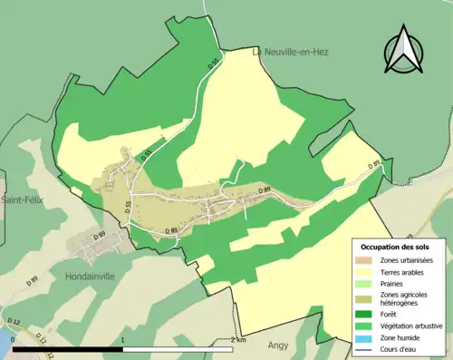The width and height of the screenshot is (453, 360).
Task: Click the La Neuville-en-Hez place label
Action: tap(290, 52)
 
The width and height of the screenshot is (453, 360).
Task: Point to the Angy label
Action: tap(278, 345)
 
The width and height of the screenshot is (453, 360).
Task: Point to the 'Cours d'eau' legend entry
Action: tap(400, 345)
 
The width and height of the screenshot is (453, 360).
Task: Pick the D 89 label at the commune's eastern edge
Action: tap(373, 165)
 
